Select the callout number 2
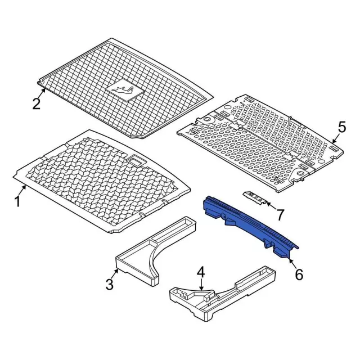(x=36, y=104)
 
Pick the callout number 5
(x=340, y=127)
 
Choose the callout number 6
(x=298, y=274)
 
